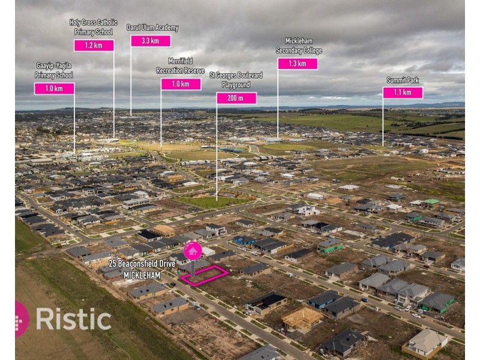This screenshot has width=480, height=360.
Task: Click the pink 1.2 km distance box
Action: click(x=94, y=46)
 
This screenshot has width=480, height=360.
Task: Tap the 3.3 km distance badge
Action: click(x=151, y=41)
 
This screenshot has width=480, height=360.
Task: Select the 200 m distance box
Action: click(x=236, y=98)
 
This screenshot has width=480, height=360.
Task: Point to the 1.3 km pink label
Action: click(x=298, y=64)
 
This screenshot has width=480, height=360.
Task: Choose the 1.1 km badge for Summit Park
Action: click(x=403, y=92)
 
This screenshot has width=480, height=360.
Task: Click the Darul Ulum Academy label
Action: click(x=152, y=28)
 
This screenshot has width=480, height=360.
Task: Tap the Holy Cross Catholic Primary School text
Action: click(x=94, y=27)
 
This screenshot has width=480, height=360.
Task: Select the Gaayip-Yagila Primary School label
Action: click(x=54, y=70)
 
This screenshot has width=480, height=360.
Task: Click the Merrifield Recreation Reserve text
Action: click(x=181, y=66)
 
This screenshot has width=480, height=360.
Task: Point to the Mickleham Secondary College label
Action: click(x=299, y=46)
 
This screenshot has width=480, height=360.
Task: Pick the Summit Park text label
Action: click(x=403, y=80)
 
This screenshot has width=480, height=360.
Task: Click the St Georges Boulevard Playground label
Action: click(x=236, y=80)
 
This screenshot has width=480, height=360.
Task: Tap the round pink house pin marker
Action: click(x=193, y=251)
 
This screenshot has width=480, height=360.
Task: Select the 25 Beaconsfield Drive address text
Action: click(x=142, y=263)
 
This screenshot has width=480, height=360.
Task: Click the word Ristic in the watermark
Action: click(x=73, y=319)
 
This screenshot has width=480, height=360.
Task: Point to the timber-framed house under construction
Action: click(x=302, y=319)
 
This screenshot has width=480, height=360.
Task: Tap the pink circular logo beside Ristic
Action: click(x=22, y=319)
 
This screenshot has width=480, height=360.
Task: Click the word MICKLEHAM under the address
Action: click(x=142, y=275)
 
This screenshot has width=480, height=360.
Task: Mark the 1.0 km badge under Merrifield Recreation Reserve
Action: click(x=181, y=84)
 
